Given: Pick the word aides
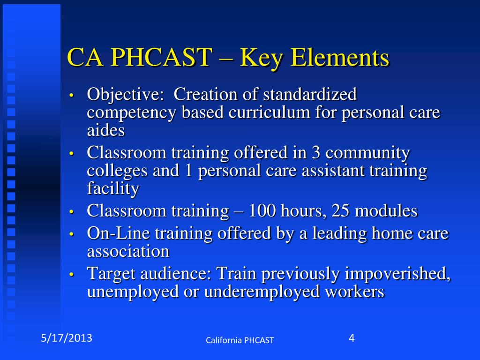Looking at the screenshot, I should click(x=106, y=130).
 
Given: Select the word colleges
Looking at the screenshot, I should click(x=117, y=171).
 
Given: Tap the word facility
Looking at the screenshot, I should click(x=113, y=188).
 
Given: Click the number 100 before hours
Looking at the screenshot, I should click(x=262, y=211).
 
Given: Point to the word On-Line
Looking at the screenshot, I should click(x=118, y=233).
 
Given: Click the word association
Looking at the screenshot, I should click(x=128, y=251).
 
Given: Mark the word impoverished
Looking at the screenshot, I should click(x=397, y=274).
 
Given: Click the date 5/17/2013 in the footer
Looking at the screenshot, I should click(x=66, y=337).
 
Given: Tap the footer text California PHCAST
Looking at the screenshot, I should click(x=240, y=340).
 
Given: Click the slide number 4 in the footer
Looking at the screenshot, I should click(x=352, y=337).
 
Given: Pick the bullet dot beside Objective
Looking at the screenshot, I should click(x=71, y=96).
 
